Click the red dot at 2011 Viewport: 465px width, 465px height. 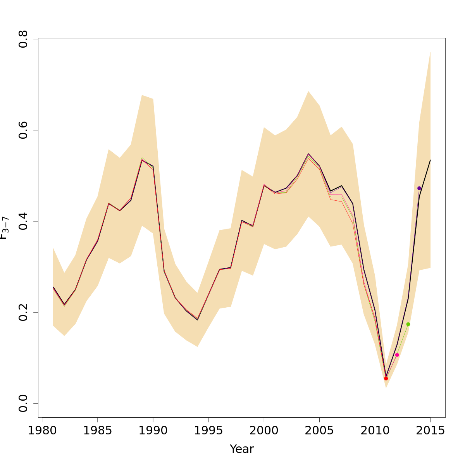pyautogui.click(x=386, y=378)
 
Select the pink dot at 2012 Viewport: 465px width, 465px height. pyautogui.click(x=397, y=355)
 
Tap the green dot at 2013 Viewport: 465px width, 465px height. pyautogui.click(x=408, y=324)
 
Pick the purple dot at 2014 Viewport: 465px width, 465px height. pyautogui.click(x=419, y=188)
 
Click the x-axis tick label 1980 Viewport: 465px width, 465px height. pyautogui.click(x=42, y=431)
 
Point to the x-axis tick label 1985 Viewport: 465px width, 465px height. pyautogui.click(x=97, y=431)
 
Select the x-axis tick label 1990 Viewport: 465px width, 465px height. pyautogui.click(x=153, y=431)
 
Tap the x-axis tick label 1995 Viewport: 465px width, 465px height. pyautogui.click(x=208, y=431)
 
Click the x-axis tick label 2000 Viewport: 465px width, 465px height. pyautogui.click(x=264, y=431)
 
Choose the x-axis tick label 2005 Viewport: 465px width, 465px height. pyautogui.click(x=319, y=431)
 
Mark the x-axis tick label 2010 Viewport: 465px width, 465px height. pyautogui.click(x=375, y=431)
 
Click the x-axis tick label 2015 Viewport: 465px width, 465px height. pyautogui.click(x=430, y=431)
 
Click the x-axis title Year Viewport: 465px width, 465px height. pyautogui.click(x=242, y=449)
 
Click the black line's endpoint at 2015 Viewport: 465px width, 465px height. pyautogui.click(x=430, y=160)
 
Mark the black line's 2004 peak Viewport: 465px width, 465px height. pyautogui.click(x=308, y=154)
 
